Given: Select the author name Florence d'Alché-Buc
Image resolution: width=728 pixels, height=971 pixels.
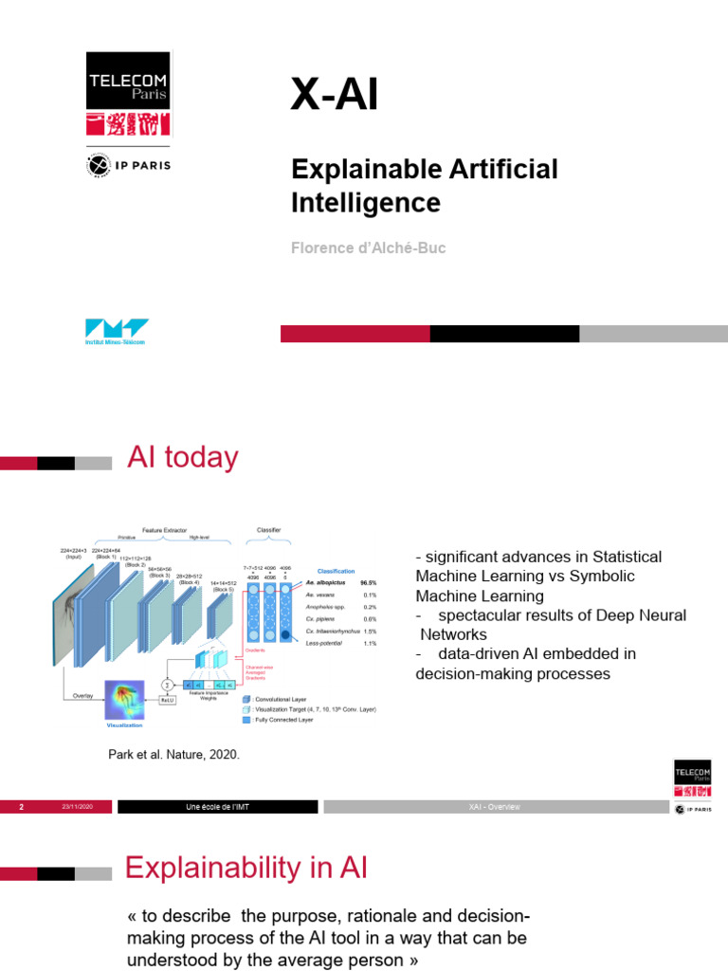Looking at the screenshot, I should pyautogui.click(x=369, y=248).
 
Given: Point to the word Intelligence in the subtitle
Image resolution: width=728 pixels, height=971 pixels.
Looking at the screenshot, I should pyautogui.click(x=366, y=203).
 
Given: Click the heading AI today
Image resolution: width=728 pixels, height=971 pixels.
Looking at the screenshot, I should pyautogui.click(x=183, y=458).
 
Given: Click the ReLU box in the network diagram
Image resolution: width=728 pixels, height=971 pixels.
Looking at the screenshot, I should pyautogui.click(x=167, y=700).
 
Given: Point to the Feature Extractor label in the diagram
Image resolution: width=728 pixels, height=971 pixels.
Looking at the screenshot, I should pyautogui.click(x=164, y=530).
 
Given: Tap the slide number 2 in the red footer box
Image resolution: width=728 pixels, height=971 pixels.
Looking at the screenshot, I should pyautogui.click(x=21, y=807).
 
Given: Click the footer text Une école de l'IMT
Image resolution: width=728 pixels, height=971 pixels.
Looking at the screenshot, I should pyautogui.click(x=217, y=807).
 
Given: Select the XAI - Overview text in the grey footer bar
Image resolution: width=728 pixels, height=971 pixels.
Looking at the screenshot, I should pyautogui.click(x=494, y=807).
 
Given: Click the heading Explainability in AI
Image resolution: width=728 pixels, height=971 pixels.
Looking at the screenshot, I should pyautogui.click(x=246, y=868).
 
